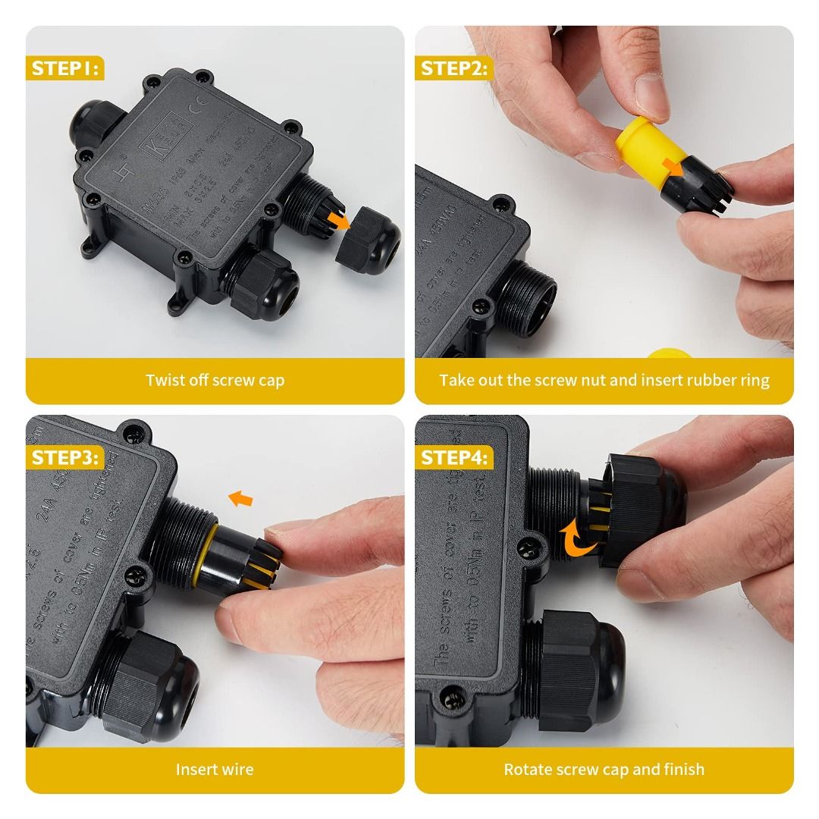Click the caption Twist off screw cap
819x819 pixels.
[x=215, y=380]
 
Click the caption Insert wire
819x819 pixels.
[x=215, y=769]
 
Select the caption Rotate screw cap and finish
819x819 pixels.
[x=604, y=769]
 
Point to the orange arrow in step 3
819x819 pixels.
[x=240, y=498]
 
